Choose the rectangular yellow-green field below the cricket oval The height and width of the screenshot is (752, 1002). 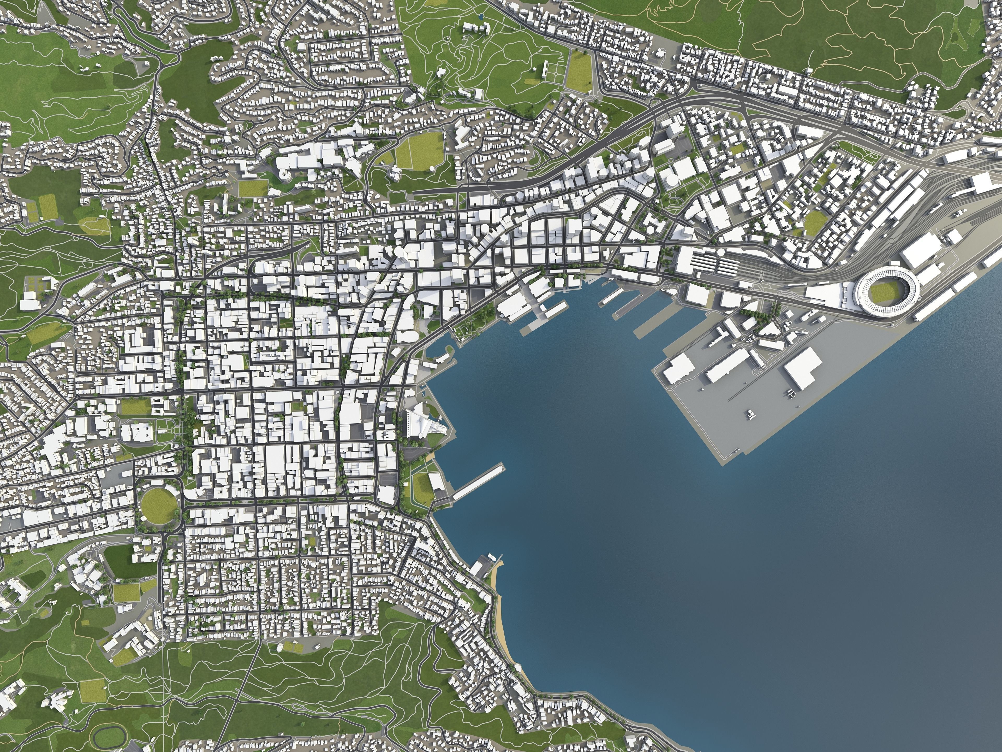[126, 591]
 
